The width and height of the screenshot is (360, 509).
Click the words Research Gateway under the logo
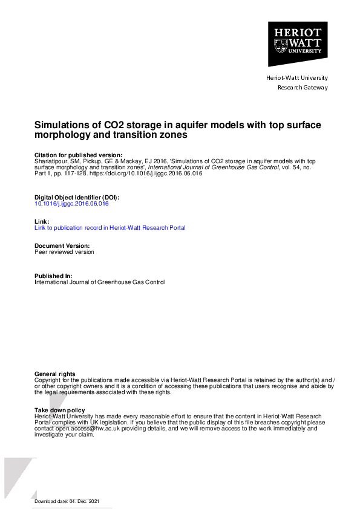pos(303,87)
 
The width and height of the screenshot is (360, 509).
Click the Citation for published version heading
pos(78,155)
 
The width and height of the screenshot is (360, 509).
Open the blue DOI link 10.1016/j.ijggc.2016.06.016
pos(71,204)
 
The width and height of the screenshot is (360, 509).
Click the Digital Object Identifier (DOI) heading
pos(77,198)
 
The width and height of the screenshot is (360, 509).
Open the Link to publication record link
pos(110,228)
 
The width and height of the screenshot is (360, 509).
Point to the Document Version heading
pos(62,246)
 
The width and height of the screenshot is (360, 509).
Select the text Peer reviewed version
pos(64,252)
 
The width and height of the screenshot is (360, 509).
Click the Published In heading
pos(53,276)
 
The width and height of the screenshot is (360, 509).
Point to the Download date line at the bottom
pos(67,502)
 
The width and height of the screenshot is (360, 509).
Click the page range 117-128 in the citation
pos(82,173)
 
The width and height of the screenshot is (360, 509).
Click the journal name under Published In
pos(99,282)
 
